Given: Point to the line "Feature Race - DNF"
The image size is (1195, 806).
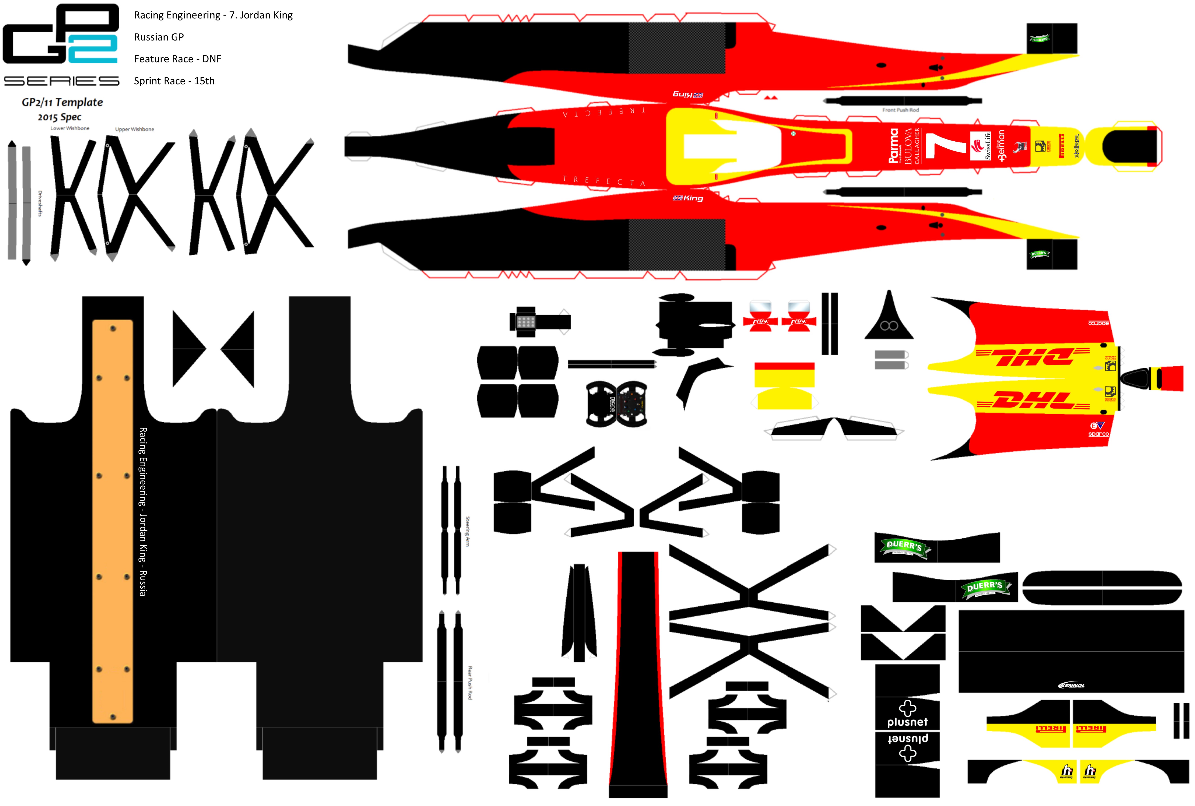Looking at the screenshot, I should [177, 59].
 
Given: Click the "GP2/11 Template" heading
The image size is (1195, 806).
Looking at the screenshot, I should [62, 102].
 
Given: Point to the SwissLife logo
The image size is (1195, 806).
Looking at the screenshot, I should [981, 147].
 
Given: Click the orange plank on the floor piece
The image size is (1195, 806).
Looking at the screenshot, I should [113, 522].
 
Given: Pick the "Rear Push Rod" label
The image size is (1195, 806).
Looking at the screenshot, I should [469, 683].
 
